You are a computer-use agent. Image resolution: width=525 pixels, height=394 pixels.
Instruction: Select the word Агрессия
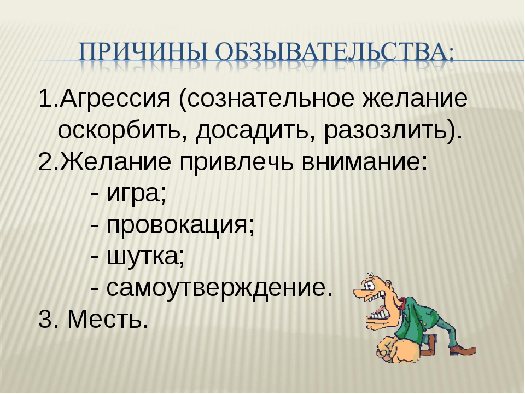[x=115, y=99]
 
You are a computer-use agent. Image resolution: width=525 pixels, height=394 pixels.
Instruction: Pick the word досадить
[x=251, y=131]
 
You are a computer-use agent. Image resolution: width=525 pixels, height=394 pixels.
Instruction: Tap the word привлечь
[x=236, y=162]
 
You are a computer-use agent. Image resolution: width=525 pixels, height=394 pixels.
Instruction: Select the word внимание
[x=360, y=162]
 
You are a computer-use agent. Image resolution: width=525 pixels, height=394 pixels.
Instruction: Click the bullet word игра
[x=133, y=194]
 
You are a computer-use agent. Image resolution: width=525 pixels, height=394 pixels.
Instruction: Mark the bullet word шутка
[x=143, y=257]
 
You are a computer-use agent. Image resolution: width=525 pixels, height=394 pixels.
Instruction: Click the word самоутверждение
[x=217, y=288]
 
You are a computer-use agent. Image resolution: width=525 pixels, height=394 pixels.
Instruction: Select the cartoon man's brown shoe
[x=464, y=350]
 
